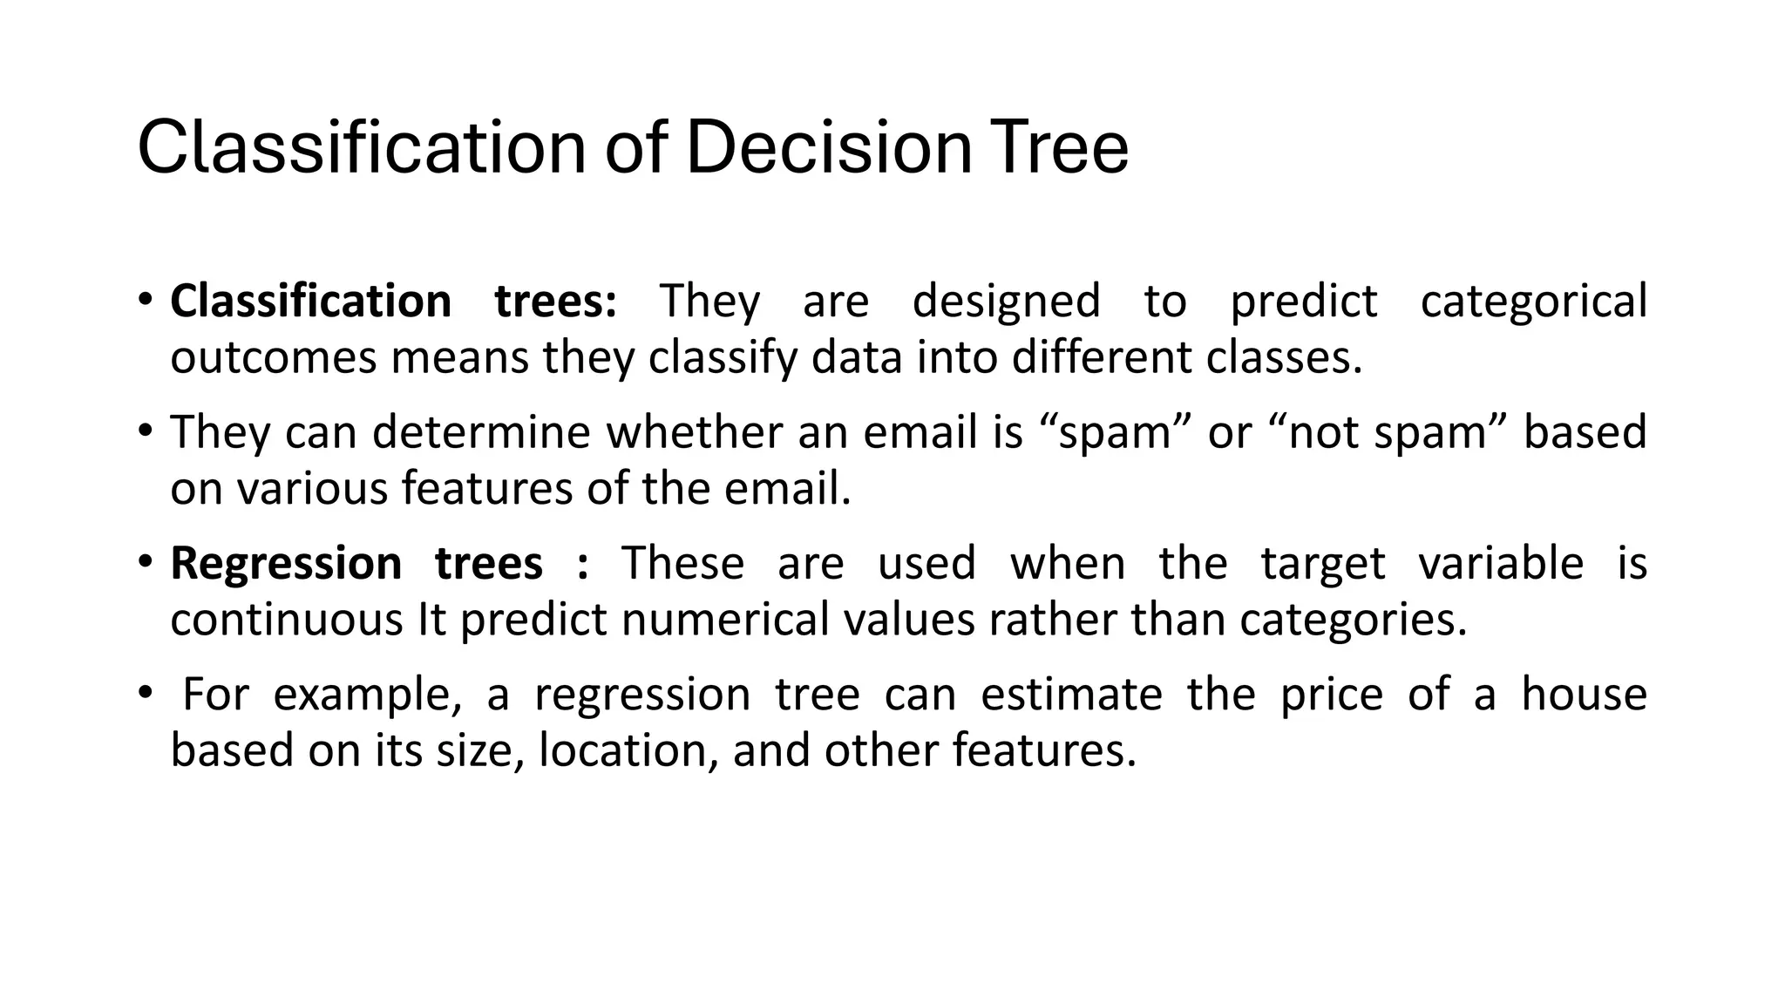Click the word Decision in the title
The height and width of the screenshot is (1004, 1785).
(x=828, y=148)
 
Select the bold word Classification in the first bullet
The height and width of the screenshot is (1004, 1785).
(x=310, y=302)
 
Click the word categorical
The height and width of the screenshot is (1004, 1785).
(x=1533, y=302)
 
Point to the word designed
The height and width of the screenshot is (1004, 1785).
(x=1006, y=302)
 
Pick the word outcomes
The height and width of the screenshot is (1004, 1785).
(x=273, y=358)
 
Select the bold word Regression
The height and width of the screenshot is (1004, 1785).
(x=286, y=563)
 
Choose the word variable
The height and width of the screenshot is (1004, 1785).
(x=1501, y=563)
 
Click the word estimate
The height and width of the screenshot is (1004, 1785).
(x=1071, y=695)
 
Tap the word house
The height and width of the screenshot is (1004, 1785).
(x=1584, y=695)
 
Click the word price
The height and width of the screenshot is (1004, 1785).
(x=1331, y=695)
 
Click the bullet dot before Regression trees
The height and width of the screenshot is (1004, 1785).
(x=145, y=561)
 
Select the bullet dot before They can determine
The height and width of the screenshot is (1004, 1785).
(x=145, y=431)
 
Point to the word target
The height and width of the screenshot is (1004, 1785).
(x=1322, y=563)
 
